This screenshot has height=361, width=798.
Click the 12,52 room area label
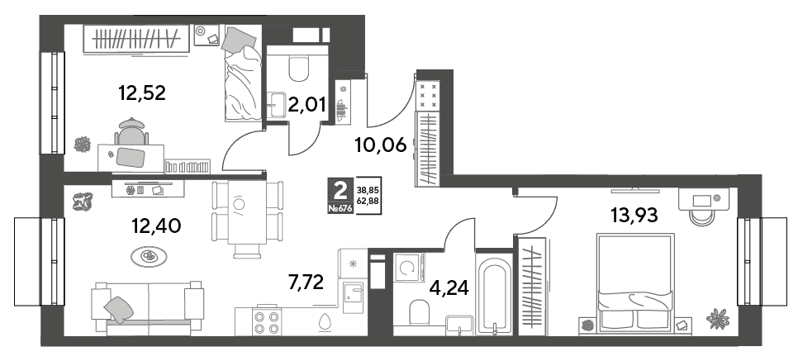(x=142, y=93)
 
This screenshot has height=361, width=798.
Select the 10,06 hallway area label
(x=381, y=145)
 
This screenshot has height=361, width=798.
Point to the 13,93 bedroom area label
(x=634, y=216)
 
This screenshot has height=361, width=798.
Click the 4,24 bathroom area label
(x=450, y=287)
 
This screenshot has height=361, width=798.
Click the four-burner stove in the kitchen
(x=267, y=321)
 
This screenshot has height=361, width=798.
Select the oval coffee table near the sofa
(x=149, y=256)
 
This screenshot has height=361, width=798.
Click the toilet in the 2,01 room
(x=298, y=69)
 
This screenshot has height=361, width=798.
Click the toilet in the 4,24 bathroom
(x=420, y=313)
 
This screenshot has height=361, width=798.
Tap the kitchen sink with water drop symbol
(x=323, y=321)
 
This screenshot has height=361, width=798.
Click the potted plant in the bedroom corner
(x=718, y=318)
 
